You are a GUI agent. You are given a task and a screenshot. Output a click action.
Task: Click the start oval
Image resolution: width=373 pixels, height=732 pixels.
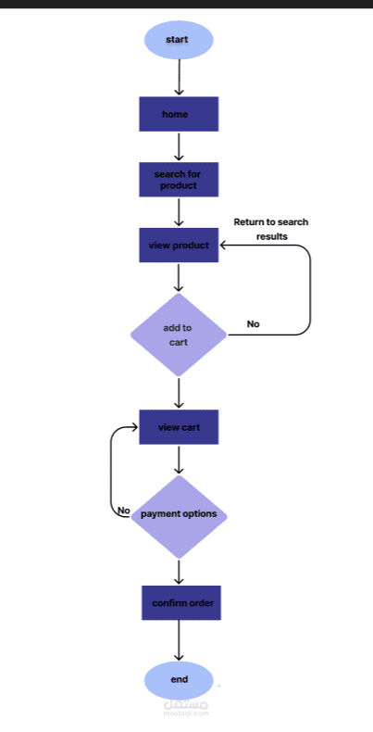(x=179, y=40)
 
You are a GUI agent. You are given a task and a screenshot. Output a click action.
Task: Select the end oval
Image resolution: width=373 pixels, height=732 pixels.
(x=179, y=680)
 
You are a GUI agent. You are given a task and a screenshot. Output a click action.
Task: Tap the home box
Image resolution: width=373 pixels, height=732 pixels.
(x=179, y=114)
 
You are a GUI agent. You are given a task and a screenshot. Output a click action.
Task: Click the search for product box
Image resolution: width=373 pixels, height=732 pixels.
(x=179, y=180)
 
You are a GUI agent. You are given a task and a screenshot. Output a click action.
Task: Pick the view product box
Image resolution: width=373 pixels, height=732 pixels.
(x=179, y=246)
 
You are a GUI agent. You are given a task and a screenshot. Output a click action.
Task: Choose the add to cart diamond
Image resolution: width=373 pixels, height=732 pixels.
(x=179, y=334)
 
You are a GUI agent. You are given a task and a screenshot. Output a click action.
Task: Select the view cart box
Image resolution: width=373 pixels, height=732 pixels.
(x=179, y=427)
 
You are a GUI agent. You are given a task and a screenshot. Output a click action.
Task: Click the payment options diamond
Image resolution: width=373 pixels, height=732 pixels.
(x=179, y=514)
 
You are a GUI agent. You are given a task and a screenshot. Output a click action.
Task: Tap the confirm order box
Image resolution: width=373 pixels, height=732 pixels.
(x=181, y=603)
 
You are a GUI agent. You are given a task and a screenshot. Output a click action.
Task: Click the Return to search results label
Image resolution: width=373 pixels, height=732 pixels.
(x=270, y=229)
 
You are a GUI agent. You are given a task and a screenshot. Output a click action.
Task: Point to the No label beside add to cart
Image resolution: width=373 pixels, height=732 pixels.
(x=253, y=324)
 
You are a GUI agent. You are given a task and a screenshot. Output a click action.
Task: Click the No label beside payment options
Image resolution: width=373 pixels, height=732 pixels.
(x=123, y=511)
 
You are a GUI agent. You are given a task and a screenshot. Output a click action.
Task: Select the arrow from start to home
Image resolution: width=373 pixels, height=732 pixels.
(x=179, y=77)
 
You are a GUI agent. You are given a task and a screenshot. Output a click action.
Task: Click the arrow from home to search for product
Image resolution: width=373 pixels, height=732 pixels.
(x=179, y=146)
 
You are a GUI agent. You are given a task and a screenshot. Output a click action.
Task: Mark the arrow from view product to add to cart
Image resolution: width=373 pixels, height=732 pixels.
(x=179, y=278)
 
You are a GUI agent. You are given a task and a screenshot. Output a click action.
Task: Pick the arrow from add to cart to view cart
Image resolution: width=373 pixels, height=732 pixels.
(x=179, y=392)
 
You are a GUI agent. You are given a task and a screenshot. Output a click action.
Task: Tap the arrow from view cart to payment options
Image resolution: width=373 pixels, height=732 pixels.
(x=179, y=460)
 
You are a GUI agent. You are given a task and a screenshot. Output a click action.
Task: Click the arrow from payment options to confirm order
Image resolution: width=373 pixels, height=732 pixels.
(x=179, y=571)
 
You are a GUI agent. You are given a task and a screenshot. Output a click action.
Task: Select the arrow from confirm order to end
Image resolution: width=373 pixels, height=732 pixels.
(x=179, y=641)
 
